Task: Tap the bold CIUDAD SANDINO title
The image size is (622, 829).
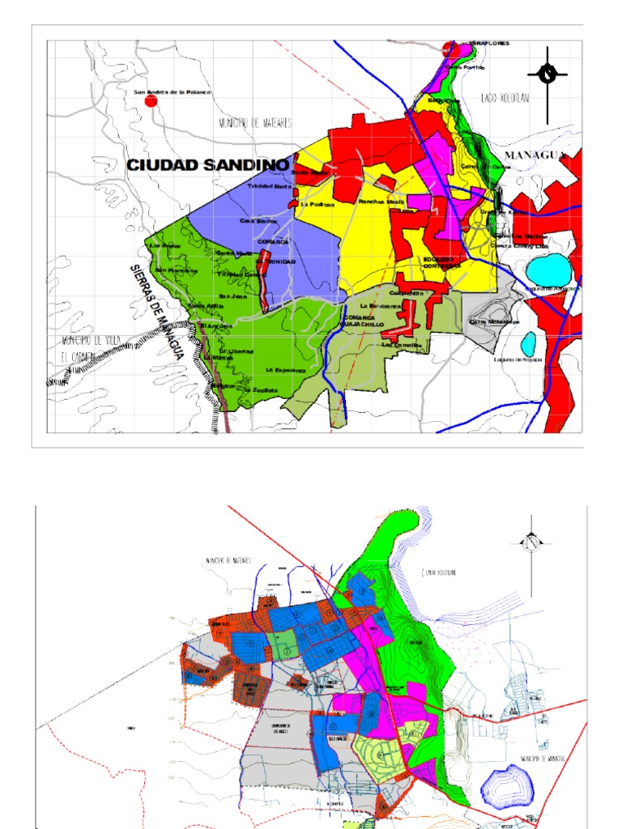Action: pos(207,165)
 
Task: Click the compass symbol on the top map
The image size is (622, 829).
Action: pos(547,74)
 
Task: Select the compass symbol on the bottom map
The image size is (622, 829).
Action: pos(531,542)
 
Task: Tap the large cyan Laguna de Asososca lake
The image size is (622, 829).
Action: pos(548,268)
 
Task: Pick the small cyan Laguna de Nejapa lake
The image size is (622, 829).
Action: pos(528,343)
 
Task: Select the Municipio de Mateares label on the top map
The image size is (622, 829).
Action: pos(254,123)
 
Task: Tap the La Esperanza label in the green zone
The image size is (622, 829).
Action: pos(284,369)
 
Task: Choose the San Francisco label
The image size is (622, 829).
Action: pos(177,270)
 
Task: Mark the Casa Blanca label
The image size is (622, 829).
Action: pos(258,220)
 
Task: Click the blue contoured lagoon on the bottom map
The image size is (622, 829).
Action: pos(509,784)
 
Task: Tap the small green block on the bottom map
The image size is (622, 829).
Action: pos(284,648)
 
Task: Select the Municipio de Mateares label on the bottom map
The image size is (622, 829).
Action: pos(229,560)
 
